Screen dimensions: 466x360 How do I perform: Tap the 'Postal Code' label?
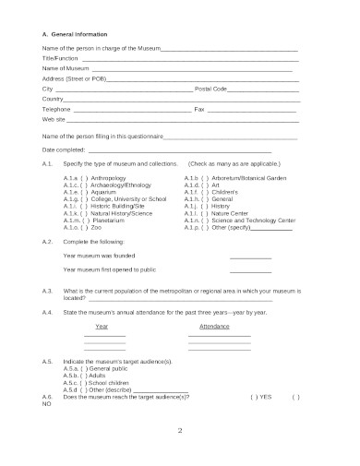210,89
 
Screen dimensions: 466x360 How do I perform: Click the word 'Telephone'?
56,109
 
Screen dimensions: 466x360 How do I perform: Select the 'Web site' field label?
54,119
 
